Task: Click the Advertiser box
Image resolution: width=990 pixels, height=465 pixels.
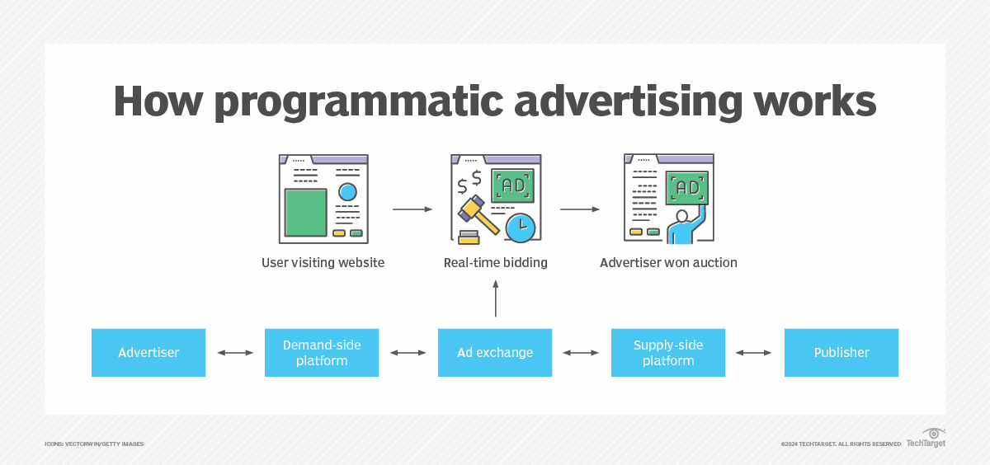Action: [x=148, y=353]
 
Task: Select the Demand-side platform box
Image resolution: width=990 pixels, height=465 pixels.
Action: [x=322, y=353]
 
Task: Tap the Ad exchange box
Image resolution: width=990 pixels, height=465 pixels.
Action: [x=495, y=353]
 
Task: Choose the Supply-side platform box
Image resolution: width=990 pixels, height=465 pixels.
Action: [x=668, y=353]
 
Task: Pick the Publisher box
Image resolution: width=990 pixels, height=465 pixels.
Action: [x=841, y=353]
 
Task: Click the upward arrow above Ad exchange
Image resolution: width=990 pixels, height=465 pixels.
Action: [x=496, y=298]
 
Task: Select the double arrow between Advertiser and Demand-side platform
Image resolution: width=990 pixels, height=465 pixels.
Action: [x=235, y=353]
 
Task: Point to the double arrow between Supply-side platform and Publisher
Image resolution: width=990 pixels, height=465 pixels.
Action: [x=755, y=353]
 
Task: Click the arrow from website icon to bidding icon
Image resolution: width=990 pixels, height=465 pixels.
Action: [x=412, y=209]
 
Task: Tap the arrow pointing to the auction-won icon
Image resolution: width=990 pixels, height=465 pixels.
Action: [x=580, y=209]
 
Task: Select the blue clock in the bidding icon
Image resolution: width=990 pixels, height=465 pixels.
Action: [x=520, y=227]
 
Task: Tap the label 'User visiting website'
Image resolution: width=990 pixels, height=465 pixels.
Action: [x=323, y=263]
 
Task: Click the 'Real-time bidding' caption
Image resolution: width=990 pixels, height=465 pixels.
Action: [x=496, y=263]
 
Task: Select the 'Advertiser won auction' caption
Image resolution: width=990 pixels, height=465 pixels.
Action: [x=668, y=263]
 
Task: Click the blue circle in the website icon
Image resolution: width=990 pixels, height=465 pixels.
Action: [x=347, y=192]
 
